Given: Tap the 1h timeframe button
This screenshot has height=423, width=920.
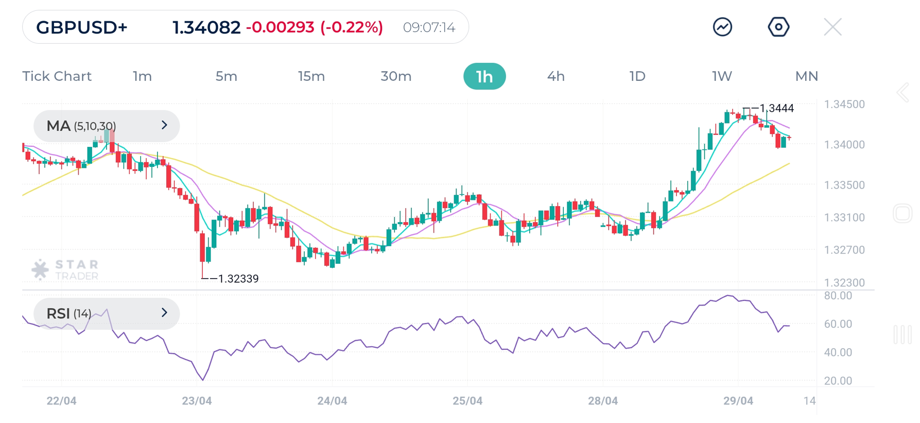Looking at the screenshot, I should pyautogui.click(x=484, y=77).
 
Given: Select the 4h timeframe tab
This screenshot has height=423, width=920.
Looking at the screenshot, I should pyautogui.click(x=556, y=77).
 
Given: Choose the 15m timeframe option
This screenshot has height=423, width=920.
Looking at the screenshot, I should pyautogui.click(x=311, y=77).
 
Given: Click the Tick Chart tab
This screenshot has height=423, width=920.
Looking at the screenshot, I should pyautogui.click(x=57, y=77).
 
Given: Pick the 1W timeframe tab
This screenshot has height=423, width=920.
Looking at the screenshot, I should pyautogui.click(x=721, y=77).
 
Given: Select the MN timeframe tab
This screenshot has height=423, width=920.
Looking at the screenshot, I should pyautogui.click(x=806, y=77).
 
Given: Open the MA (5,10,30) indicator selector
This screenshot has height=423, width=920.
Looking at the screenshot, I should pyautogui.click(x=107, y=126).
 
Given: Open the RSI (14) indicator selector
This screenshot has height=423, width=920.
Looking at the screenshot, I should pyautogui.click(x=107, y=313).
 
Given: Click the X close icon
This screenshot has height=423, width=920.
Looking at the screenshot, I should pyautogui.click(x=832, y=27).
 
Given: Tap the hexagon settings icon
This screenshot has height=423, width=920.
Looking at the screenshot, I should pyautogui.click(x=778, y=27).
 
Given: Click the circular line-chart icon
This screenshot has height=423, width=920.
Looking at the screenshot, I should pyautogui.click(x=722, y=27).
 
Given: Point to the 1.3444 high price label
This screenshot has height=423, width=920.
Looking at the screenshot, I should pyautogui.click(x=776, y=108).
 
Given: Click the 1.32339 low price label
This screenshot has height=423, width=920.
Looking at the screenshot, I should pyautogui.click(x=238, y=279).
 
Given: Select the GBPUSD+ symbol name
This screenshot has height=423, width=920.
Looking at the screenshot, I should pyautogui.click(x=81, y=27).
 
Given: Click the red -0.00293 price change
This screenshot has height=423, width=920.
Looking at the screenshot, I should pyautogui.click(x=280, y=27).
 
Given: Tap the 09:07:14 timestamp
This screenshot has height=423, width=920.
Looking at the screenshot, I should pyautogui.click(x=429, y=27).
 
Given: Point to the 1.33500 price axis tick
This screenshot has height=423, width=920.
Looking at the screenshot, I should pyautogui.click(x=844, y=185).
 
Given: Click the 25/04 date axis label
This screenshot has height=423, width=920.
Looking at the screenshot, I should pyautogui.click(x=467, y=401).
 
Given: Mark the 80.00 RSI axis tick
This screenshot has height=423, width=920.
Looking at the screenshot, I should pyautogui.click(x=838, y=296).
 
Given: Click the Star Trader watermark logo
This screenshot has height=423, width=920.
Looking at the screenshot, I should pyautogui.click(x=65, y=269).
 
